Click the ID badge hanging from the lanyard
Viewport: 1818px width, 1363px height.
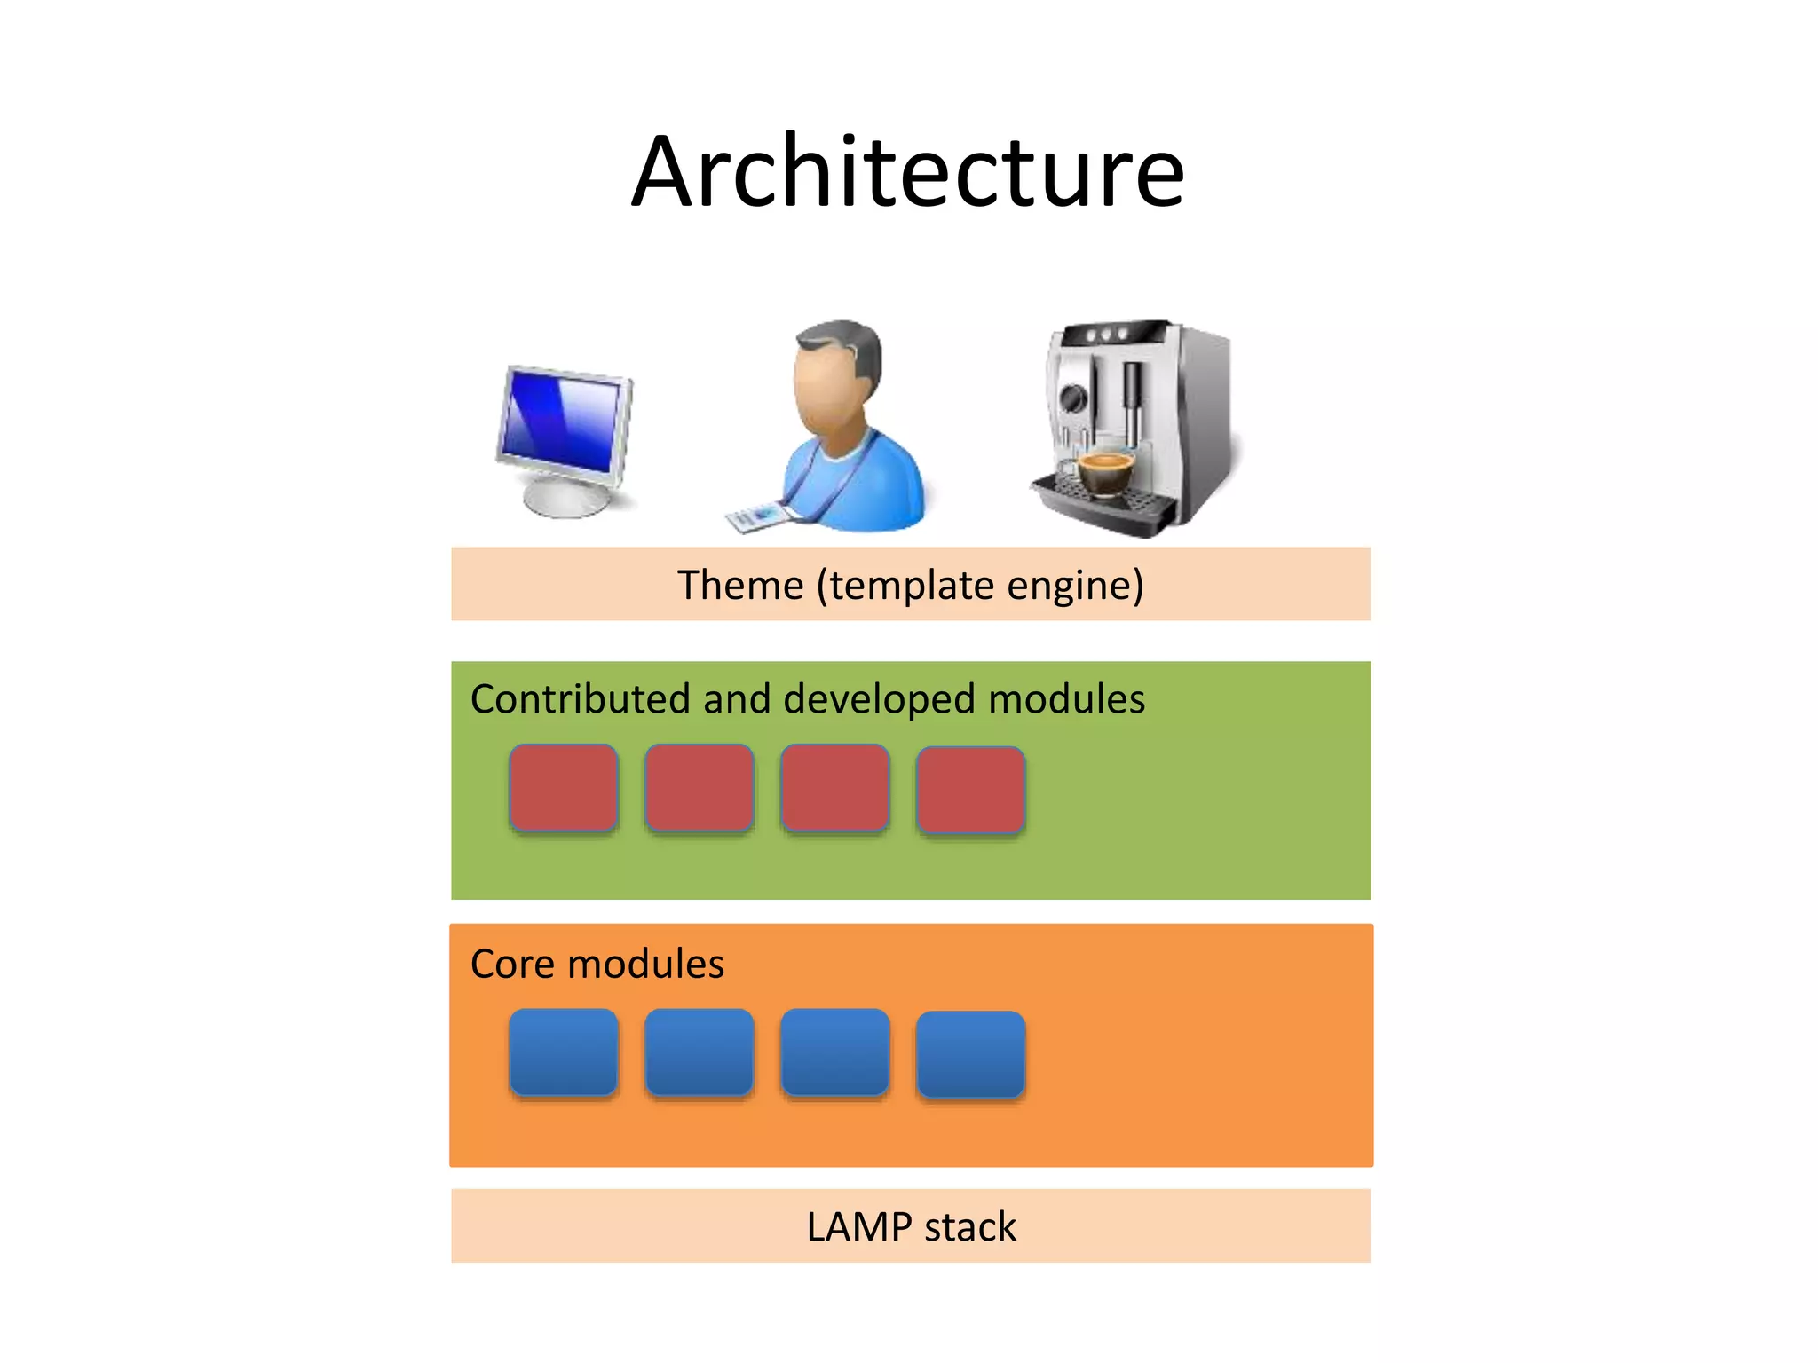(759, 516)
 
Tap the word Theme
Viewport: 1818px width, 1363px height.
(739, 586)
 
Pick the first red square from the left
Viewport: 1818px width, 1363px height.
(564, 788)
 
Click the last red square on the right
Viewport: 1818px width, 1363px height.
(970, 790)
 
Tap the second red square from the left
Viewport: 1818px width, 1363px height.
(700, 788)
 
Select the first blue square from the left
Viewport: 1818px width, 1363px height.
(564, 1052)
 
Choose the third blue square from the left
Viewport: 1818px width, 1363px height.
(834, 1052)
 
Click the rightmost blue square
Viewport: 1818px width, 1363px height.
(970, 1054)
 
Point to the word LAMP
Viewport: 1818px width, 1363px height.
(858, 1227)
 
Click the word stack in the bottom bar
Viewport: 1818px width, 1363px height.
(970, 1227)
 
